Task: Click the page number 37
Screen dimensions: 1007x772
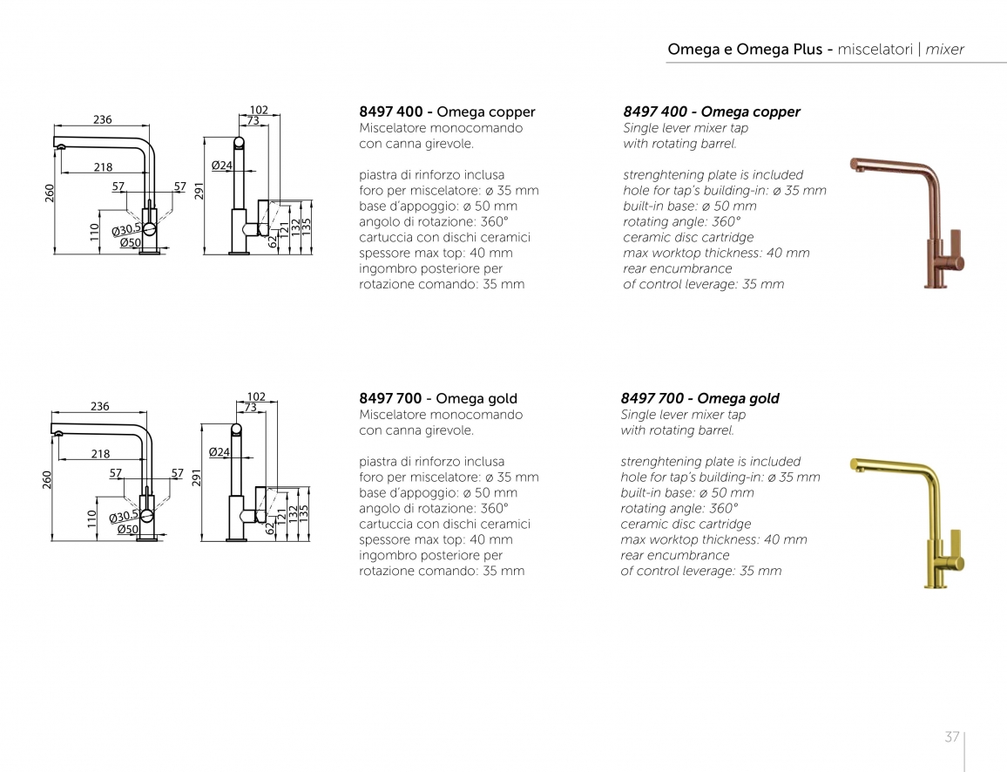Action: coord(952,736)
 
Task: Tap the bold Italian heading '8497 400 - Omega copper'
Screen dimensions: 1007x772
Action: coord(447,112)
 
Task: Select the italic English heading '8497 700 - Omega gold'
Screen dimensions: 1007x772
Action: coord(700,398)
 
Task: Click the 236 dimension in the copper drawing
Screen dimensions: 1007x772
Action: coord(102,119)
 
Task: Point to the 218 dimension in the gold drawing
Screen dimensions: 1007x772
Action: coord(100,453)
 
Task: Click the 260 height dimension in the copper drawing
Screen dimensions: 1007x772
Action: coord(50,193)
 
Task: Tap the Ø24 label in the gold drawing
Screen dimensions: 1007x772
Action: coord(219,452)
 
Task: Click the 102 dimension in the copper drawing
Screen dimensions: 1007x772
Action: coord(258,110)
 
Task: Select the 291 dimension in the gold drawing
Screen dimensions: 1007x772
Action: coord(197,477)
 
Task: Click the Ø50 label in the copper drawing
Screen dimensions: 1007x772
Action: coord(131,243)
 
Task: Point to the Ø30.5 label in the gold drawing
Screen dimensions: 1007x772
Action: coord(124,517)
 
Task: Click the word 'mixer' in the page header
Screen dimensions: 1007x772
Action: coord(944,50)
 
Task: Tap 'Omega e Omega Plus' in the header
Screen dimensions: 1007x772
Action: coord(745,50)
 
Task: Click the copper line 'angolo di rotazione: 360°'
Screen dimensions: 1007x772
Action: coord(434,221)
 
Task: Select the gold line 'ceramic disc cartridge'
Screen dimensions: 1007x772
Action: coord(686,524)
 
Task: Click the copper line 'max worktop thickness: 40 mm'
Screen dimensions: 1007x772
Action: coord(716,253)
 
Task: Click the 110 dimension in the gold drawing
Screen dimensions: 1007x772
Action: coord(91,519)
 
